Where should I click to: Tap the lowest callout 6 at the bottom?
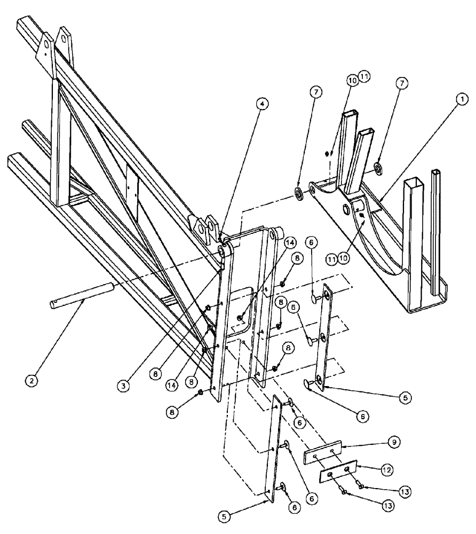click(294, 509)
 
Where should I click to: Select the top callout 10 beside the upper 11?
click(351, 79)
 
